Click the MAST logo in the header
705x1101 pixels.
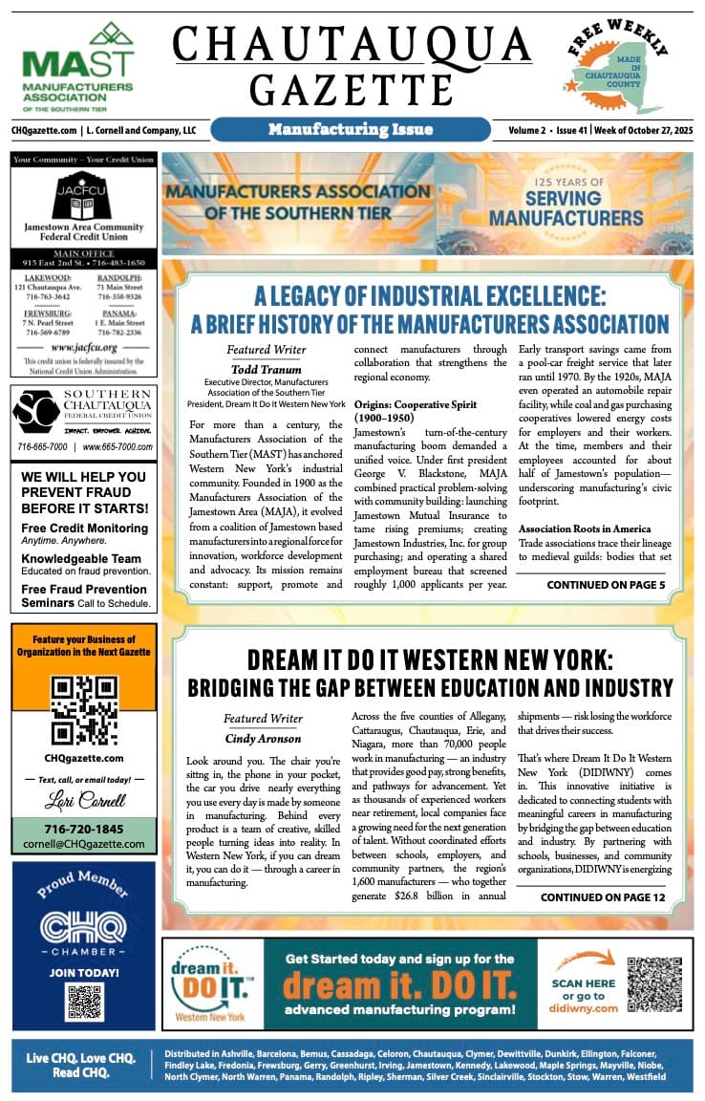[77, 67]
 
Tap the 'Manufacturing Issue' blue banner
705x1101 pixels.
[351, 129]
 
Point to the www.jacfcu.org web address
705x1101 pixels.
[83, 348]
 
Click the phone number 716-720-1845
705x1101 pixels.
[83, 829]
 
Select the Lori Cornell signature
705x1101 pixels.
[83, 799]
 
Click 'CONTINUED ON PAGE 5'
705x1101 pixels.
[606, 584]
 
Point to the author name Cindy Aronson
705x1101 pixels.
[263, 738]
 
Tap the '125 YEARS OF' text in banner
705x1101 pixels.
[562, 182]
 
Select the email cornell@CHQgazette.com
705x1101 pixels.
[83, 844]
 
